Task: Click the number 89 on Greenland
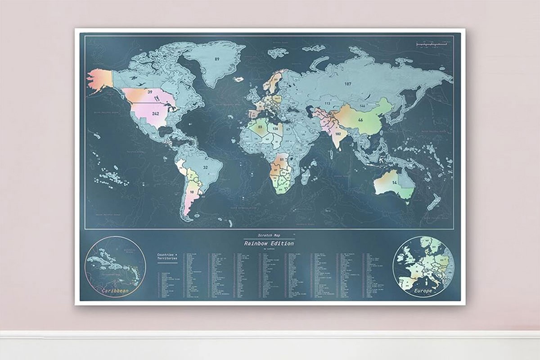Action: pos(217,59)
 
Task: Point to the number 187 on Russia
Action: pos(347,84)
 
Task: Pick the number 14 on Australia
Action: pos(394,183)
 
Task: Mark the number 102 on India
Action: pos(338,134)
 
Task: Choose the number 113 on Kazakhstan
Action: pos(328,103)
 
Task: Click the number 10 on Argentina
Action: pos(192,192)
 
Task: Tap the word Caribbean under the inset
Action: pos(115,292)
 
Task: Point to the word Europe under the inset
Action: pos(423,291)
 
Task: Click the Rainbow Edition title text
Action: pos(269,243)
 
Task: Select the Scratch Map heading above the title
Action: pos(268,235)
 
